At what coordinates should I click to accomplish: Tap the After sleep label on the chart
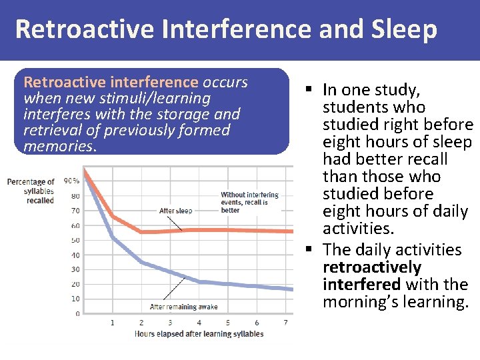tap(175, 211)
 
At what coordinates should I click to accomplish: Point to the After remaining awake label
tap(183, 307)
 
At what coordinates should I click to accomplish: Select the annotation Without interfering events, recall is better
tap(249, 203)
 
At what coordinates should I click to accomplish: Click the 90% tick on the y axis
tap(71, 181)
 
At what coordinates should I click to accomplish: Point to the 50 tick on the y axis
tap(75, 240)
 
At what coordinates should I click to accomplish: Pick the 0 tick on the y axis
tap(77, 313)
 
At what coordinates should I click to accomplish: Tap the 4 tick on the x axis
tap(199, 323)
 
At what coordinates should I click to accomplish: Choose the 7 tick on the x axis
tap(285, 323)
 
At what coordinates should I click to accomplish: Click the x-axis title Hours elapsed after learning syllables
tap(199, 334)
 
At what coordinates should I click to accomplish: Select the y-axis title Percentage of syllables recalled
tap(31, 191)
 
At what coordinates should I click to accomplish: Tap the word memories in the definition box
tap(59, 146)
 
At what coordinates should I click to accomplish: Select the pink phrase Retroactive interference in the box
tap(111, 82)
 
